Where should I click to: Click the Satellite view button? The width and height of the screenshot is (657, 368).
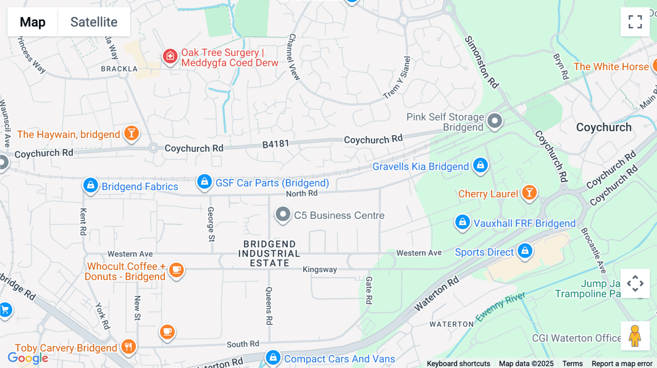coord(94,22)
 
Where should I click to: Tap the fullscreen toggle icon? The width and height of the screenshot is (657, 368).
coord(635,22)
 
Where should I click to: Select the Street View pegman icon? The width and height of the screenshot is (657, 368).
coord(635,336)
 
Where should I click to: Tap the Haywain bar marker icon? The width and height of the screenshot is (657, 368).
coord(131,133)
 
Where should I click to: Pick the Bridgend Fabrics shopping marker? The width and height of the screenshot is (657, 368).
coord(91,185)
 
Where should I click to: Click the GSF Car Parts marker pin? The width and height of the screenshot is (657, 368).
coord(204,181)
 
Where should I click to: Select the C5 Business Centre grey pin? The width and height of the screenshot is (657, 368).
coord(283,214)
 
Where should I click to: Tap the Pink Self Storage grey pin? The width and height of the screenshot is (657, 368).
coord(495,121)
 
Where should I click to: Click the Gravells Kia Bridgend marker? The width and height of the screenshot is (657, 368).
coord(480,165)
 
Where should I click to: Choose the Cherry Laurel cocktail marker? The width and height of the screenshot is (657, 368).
coord(529,192)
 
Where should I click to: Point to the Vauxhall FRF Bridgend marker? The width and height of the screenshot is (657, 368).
coord(462,222)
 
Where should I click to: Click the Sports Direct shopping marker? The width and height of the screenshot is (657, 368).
coord(525,251)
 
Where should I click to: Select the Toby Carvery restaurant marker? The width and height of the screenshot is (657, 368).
coord(128,347)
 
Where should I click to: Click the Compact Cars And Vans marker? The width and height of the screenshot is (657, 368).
coord(273,358)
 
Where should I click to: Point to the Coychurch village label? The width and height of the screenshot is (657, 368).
coord(604,128)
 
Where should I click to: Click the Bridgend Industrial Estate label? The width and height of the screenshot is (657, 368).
coord(269,254)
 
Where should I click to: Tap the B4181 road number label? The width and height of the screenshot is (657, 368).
coord(276,144)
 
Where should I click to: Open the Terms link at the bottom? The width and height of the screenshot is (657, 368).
coord(572,364)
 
